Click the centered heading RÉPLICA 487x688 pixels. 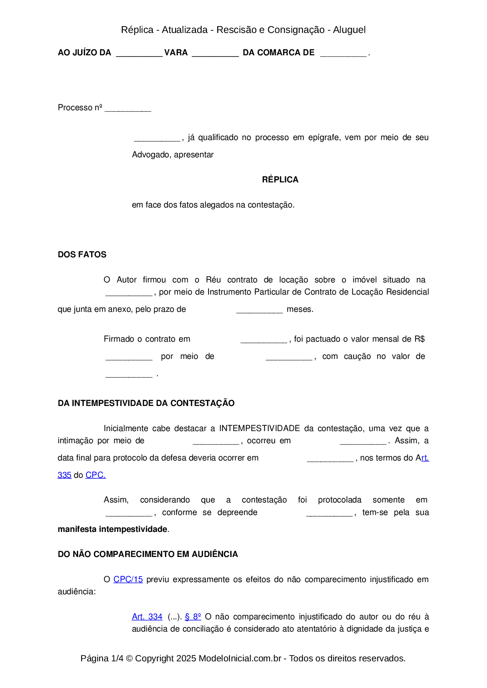280,180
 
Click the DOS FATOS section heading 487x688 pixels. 82,255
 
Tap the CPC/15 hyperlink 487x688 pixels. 128,579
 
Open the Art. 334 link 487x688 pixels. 147,617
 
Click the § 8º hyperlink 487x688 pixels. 193,617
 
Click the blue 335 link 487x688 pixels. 64,475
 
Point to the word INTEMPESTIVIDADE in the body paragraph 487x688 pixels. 260,428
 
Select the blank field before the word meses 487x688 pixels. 259,310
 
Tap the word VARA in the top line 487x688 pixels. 176,53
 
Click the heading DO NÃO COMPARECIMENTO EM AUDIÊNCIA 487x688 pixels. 148,554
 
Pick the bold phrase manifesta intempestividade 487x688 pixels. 112,529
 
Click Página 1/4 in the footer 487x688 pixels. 102,658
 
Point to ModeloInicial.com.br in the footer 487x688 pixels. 240,658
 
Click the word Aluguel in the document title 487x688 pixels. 349,30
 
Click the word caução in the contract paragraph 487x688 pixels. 357,356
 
